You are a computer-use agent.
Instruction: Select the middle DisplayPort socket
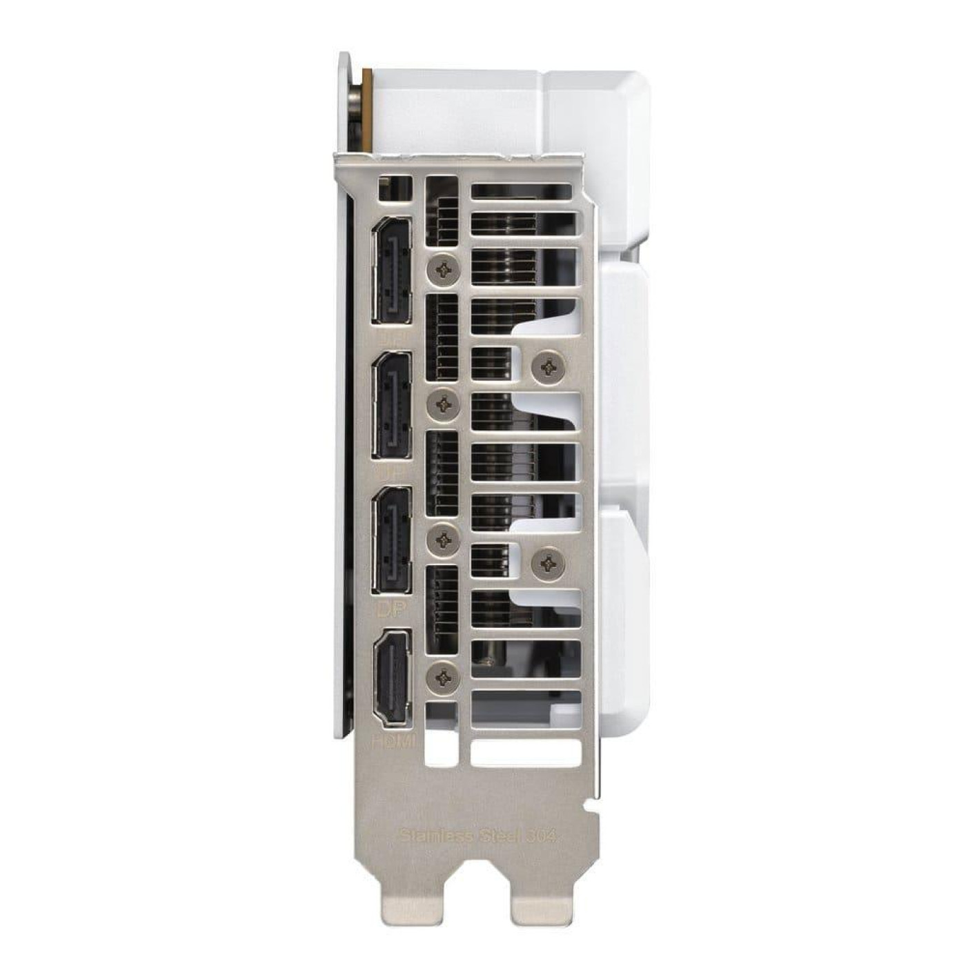pos(392,404)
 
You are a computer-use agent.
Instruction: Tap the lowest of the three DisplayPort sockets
pos(392,540)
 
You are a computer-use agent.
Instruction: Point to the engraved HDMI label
pos(393,742)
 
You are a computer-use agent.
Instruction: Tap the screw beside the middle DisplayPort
pos(444,406)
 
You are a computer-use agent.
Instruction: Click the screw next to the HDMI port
pos(444,678)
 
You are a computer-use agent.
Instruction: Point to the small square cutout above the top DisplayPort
pos(395,188)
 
